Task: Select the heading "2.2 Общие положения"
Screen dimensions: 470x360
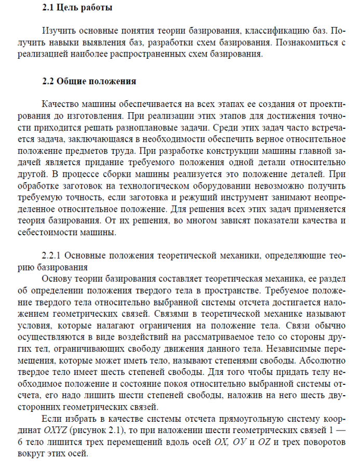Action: click(89, 81)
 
